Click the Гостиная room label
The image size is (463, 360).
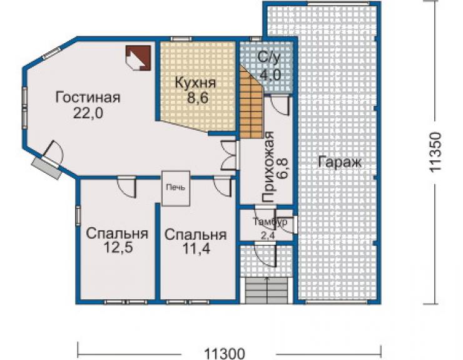[x=88, y=98]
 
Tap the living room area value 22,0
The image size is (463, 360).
[x=88, y=113]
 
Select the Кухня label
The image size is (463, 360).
[x=195, y=83]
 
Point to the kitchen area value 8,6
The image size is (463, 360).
[x=198, y=98]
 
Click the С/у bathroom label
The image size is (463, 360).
[x=268, y=58]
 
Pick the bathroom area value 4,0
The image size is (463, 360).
[x=270, y=75]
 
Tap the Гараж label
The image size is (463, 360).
[x=340, y=162]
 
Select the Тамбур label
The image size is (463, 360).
[x=270, y=222]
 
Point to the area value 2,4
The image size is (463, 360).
[x=268, y=236]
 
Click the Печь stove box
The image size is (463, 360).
[x=176, y=188]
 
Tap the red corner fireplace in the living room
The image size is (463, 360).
[x=138, y=58]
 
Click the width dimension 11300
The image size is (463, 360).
[x=225, y=354]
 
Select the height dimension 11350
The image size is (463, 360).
[x=435, y=152]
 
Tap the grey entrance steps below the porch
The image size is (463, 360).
[x=267, y=291]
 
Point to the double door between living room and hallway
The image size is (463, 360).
[x=229, y=155]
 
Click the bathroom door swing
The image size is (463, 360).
[x=280, y=105]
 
